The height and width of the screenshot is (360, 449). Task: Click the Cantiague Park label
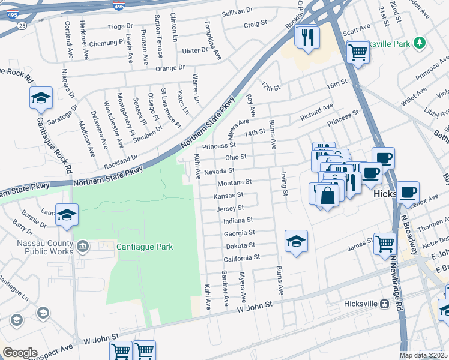coord(145,247)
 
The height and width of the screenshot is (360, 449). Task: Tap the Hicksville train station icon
coord(384,304)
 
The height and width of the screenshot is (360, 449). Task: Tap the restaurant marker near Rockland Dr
coord(307,38)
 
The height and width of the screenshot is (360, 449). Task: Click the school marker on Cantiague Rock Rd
coord(41,98)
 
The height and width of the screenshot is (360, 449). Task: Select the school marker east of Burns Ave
coord(296,241)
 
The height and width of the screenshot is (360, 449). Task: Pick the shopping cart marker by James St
coord(385,244)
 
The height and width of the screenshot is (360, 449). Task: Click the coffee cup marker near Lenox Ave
coord(408,192)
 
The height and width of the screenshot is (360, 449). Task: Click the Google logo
coord(19,352)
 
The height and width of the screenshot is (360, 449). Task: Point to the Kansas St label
coord(229,195)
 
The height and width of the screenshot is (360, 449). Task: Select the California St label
coord(241,258)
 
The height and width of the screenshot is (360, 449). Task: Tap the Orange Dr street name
coord(169,68)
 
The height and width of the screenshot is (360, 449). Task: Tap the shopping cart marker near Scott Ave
coord(358,52)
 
